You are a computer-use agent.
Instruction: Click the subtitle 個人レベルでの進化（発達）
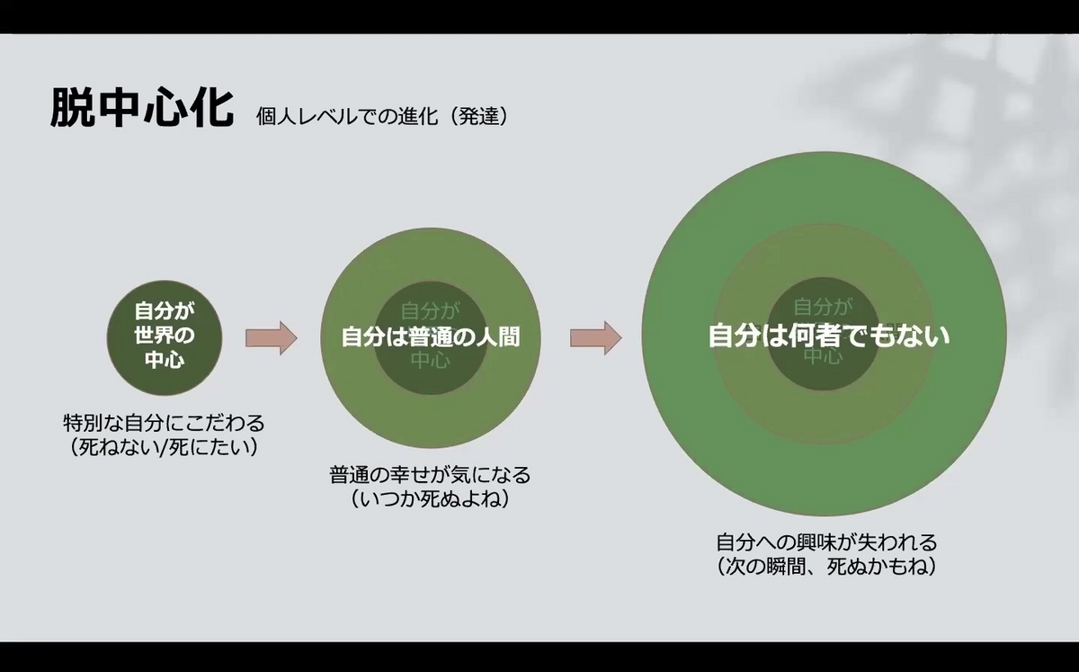[382, 116]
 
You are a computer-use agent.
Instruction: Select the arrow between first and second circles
[271, 337]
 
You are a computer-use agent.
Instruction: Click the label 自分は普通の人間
[431, 337]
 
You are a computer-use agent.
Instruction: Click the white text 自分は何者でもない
[829, 336]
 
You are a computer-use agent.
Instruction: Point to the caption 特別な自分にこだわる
[165, 422]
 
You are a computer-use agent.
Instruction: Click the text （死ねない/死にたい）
[165, 445]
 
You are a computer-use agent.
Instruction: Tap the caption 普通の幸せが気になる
[430, 474]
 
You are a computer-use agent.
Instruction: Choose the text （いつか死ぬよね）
[430, 498]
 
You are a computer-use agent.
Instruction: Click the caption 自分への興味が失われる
[826, 542]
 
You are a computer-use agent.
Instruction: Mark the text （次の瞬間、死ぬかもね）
[826, 567]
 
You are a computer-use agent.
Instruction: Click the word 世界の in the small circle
[165, 336]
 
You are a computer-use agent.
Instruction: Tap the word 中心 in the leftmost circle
[165, 361]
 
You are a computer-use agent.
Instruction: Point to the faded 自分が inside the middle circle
[431, 311]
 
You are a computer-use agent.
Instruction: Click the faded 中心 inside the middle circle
[431, 361]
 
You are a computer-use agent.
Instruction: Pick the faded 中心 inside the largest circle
[823, 356]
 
